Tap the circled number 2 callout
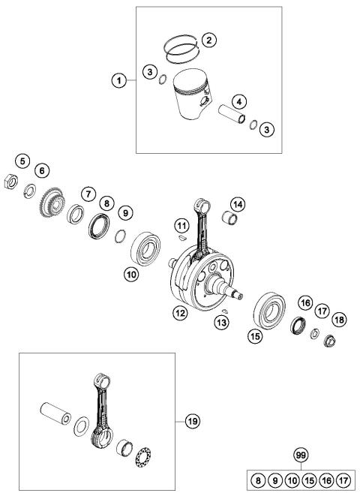209,38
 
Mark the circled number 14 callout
237,203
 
